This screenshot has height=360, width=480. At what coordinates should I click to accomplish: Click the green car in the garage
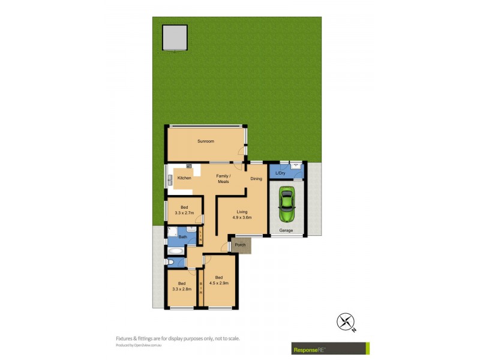287,205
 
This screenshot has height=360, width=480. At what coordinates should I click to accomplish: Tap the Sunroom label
206,141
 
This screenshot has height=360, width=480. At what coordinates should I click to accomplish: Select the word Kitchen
184,178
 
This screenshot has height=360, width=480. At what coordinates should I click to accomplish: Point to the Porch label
240,245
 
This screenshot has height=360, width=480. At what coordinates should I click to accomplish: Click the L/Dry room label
280,173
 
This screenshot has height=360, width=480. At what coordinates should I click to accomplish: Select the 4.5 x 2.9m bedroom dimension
220,283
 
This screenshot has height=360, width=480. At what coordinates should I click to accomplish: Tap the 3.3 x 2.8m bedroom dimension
182,289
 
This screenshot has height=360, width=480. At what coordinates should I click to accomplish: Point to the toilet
170,262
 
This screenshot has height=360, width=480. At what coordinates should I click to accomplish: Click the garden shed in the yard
175,38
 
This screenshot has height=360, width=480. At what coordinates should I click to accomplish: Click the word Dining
256,178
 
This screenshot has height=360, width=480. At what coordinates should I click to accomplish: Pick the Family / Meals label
223,178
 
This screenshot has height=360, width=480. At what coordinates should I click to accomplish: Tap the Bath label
182,237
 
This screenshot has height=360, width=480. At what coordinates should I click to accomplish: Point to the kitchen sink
188,166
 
